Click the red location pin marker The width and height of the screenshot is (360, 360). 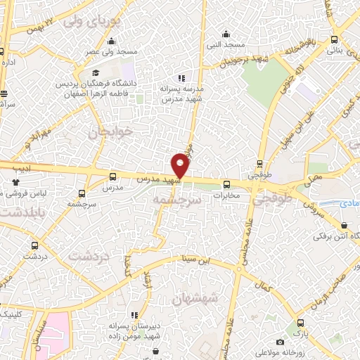[x=181, y=165]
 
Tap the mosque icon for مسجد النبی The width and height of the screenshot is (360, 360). [x=225, y=34]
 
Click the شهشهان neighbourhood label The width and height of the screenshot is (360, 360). [x=195, y=299]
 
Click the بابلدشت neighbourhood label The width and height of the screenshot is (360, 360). [x=22, y=210]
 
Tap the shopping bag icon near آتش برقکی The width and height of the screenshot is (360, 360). [x=344, y=226]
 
